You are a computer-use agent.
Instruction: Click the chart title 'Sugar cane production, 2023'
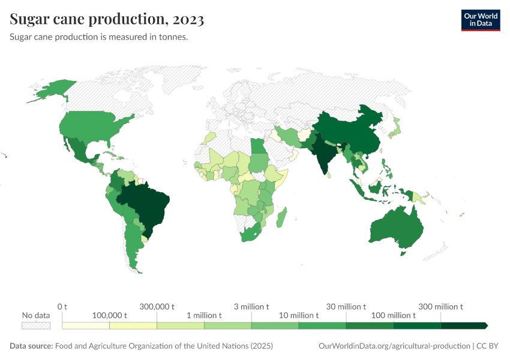pyautogui.click(x=107, y=19)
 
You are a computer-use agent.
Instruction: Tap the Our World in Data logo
pyautogui.click(x=480, y=20)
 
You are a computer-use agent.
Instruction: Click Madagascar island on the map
pyautogui.click(x=281, y=217)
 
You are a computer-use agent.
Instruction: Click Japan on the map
pyautogui.click(x=395, y=128)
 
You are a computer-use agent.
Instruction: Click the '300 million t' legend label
pyautogui.click(x=441, y=307)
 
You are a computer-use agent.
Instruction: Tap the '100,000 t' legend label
pyautogui.click(x=109, y=316)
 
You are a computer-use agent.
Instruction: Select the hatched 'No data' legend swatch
pyautogui.click(x=35, y=325)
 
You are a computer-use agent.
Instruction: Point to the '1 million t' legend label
pyautogui.click(x=204, y=316)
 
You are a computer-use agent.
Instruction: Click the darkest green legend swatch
pyautogui.click(x=463, y=325)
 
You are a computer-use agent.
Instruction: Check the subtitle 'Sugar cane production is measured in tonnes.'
pyautogui.click(x=99, y=37)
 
